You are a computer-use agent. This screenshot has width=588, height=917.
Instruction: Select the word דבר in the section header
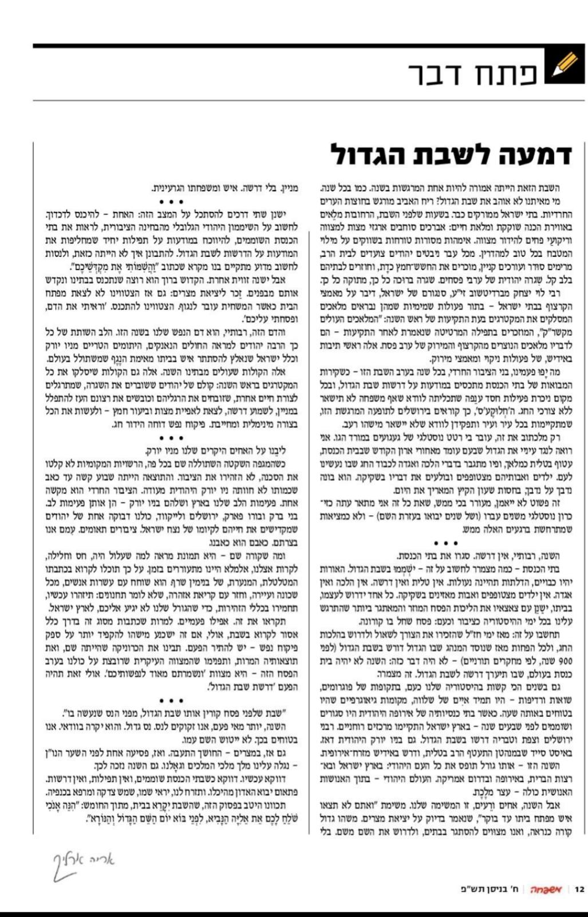[437, 74]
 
